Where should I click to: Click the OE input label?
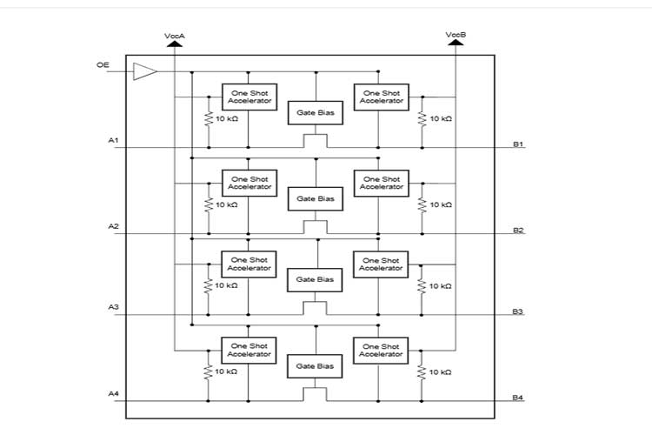[103, 64]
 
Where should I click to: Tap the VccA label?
[175, 36]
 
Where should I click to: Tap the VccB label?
[456, 36]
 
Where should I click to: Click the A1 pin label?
[113, 141]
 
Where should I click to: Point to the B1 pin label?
[518, 144]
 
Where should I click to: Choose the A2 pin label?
[113, 227]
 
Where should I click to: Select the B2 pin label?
[518, 230]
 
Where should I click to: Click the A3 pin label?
[113, 308]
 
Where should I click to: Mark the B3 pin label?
[518, 311]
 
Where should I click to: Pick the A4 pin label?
[113, 395]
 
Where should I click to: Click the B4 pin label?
[518, 398]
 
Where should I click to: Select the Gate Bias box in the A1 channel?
[315, 112]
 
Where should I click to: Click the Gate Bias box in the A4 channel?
[315, 366]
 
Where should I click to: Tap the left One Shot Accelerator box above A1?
[249, 97]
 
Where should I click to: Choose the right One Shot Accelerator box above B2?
[381, 183]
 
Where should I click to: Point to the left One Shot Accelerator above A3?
[249, 264]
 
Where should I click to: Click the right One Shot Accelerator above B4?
[381, 350]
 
